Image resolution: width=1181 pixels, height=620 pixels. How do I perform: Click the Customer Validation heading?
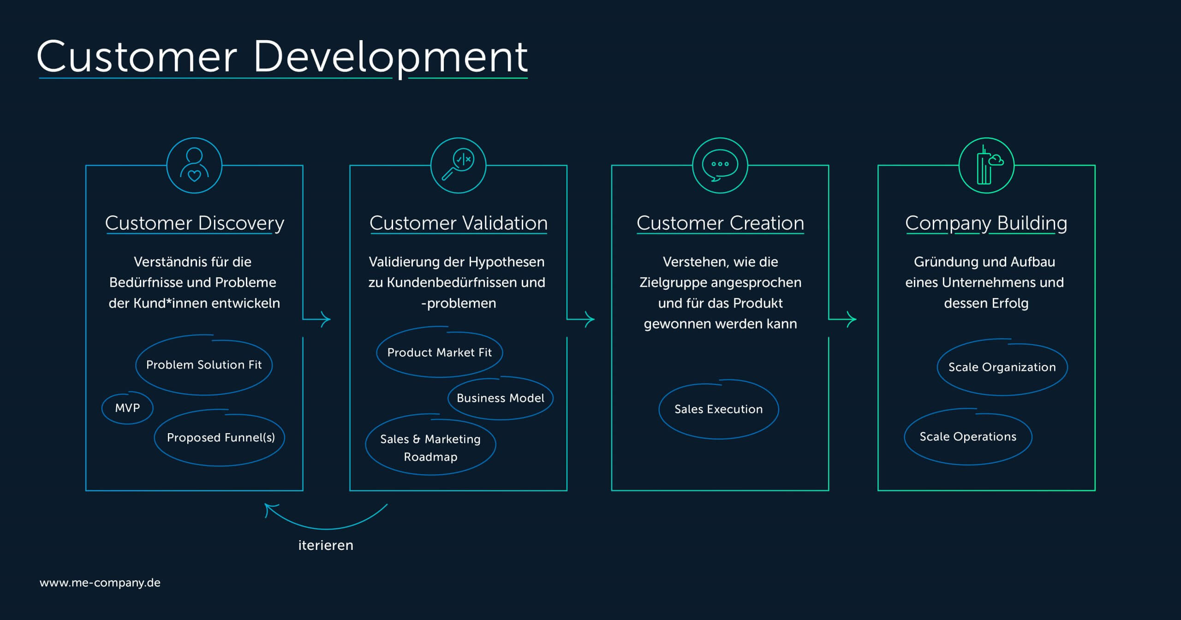pyautogui.click(x=459, y=223)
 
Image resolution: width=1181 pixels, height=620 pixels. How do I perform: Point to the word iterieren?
pyautogui.click(x=326, y=545)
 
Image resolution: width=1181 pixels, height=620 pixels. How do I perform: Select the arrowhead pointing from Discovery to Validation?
pyautogui.click(x=326, y=319)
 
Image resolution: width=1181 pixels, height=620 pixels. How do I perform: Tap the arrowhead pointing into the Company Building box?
pyautogui.click(x=852, y=319)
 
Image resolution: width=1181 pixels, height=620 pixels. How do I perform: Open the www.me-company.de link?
pyautogui.click(x=100, y=583)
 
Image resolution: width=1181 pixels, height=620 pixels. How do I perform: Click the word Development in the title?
pyautogui.click(x=390, y=57)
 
